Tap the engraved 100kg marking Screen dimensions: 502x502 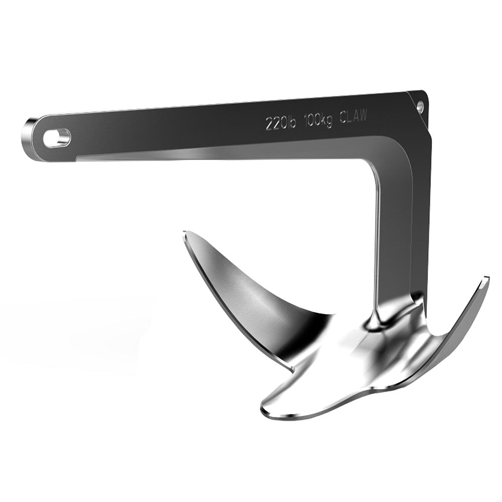pos(317,119)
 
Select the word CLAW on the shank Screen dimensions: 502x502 pos(353,116)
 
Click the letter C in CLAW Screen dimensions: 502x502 pos(343,117)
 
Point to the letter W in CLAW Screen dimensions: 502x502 pos(363,115)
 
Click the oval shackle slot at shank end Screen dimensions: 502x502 pos(56,138)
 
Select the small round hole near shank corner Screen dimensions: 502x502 pos(420,105)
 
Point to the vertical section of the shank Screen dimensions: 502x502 pos(394,236)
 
